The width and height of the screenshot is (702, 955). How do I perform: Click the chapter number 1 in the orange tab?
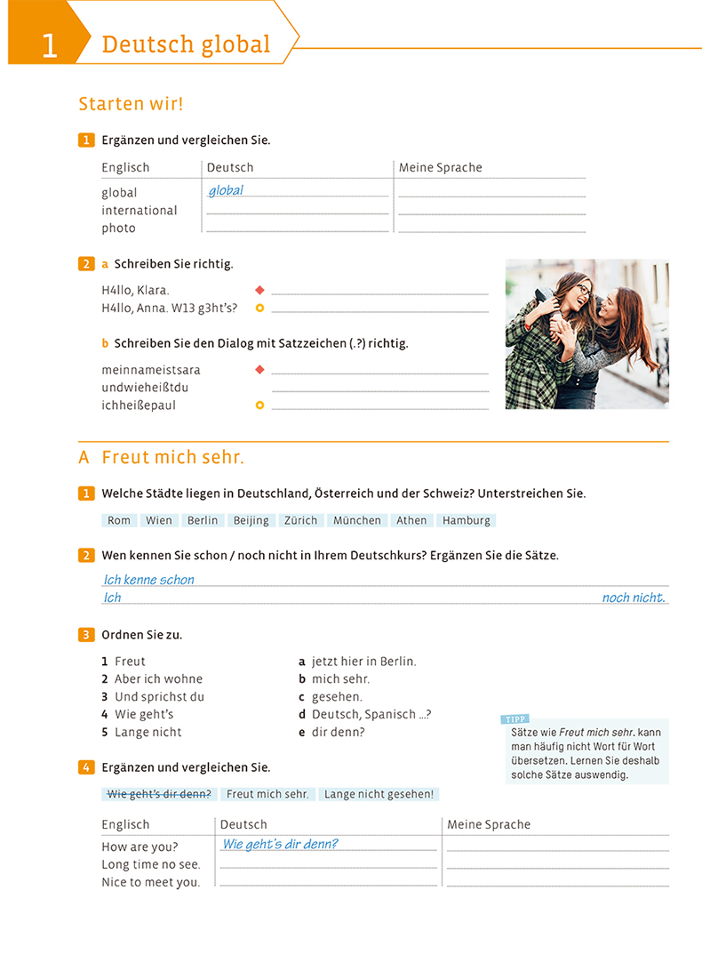[49, 45]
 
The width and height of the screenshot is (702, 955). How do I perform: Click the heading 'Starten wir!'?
[131, 104]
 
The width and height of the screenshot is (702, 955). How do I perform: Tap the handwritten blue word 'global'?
[226, 190]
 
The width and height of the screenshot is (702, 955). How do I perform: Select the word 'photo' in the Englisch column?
[118, 229]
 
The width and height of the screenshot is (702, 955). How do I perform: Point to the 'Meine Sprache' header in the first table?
[441, 167]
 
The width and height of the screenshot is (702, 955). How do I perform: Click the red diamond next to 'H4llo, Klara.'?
[259, 290]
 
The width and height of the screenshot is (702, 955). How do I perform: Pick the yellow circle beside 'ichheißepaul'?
[259, 405]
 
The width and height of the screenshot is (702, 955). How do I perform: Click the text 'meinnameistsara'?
[151, 370]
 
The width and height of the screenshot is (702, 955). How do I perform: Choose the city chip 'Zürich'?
[300, 520]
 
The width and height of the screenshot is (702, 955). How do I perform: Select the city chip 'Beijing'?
[251, 520]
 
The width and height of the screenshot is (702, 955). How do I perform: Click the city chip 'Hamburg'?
[466, 520]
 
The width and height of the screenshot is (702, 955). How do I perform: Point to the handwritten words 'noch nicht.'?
[633, 598]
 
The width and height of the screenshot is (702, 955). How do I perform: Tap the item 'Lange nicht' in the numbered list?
[148, 733]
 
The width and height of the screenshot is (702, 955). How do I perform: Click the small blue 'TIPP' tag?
[515, 719]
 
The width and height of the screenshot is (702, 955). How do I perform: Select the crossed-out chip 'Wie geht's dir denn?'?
[159, 794]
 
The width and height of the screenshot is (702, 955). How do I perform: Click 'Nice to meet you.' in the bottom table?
[151, 882]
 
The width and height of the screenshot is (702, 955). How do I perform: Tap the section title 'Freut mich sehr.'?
[172, 458]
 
